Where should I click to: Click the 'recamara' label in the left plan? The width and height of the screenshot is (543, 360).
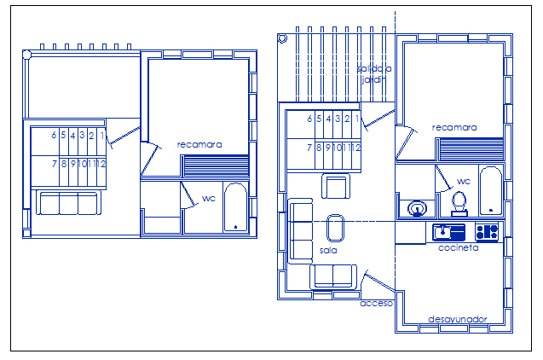point(199,144)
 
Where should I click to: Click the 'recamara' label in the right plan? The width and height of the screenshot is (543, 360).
point(454,127)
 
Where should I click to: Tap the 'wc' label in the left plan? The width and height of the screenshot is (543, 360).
point(209,199)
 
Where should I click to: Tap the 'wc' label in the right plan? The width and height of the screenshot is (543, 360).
point(463,181)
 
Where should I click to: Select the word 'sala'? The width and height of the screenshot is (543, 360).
point(328,251)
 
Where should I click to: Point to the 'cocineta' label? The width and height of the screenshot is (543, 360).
point(458,247)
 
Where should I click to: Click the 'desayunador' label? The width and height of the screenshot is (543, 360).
point(457,319)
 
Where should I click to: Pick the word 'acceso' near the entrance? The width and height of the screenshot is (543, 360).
point(376,302)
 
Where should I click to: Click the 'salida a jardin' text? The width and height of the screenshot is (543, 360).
point(374,73)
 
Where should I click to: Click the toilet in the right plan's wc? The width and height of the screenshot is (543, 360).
point(459,202)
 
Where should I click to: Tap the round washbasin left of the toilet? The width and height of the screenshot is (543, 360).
point(417,206)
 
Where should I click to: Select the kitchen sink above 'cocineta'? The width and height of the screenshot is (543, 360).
point(448,231)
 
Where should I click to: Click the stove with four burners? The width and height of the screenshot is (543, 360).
point(487,231)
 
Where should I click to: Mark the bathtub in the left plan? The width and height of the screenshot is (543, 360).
point(234,206)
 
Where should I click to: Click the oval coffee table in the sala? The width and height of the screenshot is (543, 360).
point(336,228)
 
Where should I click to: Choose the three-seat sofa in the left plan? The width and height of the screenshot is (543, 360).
point(68,203)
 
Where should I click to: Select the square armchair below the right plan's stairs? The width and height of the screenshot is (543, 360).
point(335,186)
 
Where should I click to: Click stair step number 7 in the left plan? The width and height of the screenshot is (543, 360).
point(54,163)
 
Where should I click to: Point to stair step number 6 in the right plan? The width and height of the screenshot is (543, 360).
point(309,119)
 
